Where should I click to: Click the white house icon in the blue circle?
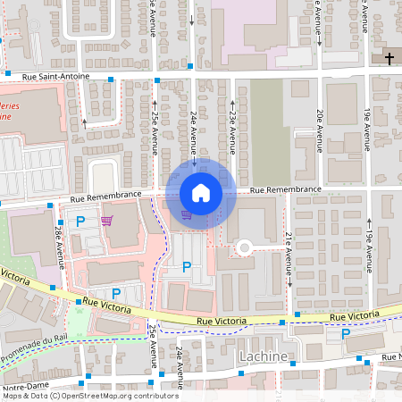tap(201, 192)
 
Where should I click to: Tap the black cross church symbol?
tap(389, 59)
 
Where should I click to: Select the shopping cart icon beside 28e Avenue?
tap(107, 221)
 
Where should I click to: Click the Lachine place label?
tap(264, 357)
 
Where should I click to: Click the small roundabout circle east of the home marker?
tap(243, 247)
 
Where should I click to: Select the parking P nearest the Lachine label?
tap(346, 334)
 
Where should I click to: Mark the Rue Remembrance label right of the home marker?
tap(285, 189)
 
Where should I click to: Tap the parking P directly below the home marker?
tap(187, 266)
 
